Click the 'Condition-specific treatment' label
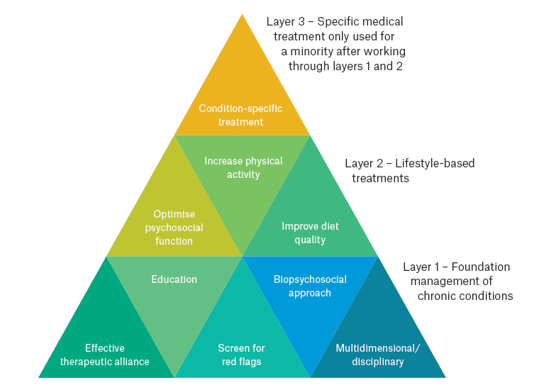coord(240,115)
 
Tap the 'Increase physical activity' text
coord(243,167)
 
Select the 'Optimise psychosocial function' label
coord(174,228)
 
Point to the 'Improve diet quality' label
coord(310,233)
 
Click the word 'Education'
coord(174,279)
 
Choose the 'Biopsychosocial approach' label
coord(310,286)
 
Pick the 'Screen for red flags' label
coord(242,355)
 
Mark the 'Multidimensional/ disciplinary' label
coord(378,355)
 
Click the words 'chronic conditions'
coord(465,296)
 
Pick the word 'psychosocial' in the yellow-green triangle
coord(174,228)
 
